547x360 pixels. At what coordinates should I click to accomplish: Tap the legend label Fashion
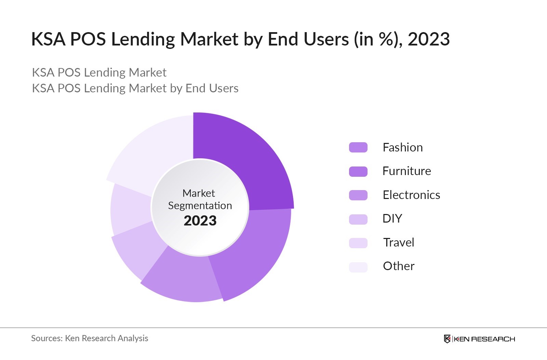402,147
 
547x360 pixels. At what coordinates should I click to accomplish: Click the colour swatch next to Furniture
358,171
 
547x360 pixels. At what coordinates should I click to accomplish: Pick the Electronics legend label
411,195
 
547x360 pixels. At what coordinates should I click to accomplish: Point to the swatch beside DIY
358,219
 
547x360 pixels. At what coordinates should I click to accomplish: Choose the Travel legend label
398,242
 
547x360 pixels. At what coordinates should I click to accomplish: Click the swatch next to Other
358,267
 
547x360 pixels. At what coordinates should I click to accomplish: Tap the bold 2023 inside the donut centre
200,221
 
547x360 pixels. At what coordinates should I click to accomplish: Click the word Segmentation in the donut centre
200,205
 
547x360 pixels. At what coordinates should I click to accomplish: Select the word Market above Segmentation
199,193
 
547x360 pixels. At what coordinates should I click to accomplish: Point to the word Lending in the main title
143,39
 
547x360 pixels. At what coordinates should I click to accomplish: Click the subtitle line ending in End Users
135,88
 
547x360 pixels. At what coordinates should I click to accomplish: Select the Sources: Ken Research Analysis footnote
90,338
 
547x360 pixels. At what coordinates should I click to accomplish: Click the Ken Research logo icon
447,339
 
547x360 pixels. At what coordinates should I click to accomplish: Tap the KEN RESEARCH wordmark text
484,339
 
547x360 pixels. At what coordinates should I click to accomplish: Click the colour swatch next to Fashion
358,147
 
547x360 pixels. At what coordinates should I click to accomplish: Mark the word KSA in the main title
48,39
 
